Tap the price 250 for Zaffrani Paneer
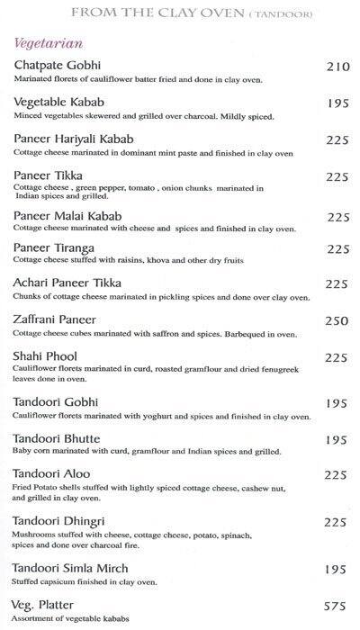pyautogui.click(x=336, y=320)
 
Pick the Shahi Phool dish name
pyautogui.click(x=49, y=356)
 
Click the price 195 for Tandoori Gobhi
pyautogui.click(x=336, y=402)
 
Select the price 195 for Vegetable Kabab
pyautogui.click(x=336, y=104)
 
